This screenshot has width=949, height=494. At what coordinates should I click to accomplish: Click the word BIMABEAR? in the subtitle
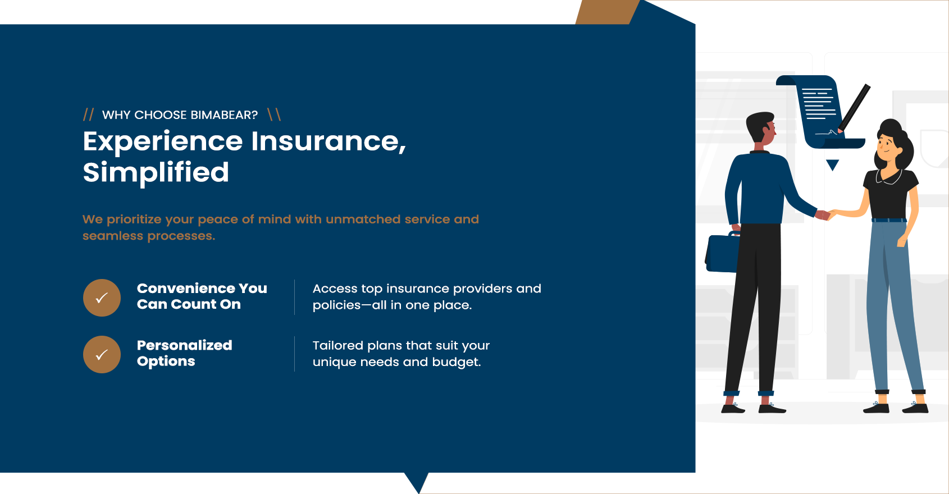pos(224,115)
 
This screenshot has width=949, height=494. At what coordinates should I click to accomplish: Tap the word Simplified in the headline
pos(156,172)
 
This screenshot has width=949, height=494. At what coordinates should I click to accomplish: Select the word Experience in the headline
pos(163,142)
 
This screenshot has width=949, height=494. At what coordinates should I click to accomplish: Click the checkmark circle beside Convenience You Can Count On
pos(102,298)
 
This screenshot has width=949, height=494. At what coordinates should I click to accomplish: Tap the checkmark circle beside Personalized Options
pos(102,354)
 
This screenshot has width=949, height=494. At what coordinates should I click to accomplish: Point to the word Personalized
pos(184,345)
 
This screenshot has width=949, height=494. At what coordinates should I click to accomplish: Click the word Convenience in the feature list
pos(185,288)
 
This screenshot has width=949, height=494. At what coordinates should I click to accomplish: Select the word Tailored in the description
pos(337,345)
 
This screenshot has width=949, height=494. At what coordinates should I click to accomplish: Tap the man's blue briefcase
pos(722,253)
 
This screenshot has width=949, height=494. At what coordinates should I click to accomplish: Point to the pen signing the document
pos(853,108)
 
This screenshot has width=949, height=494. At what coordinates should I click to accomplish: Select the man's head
pos(761,127)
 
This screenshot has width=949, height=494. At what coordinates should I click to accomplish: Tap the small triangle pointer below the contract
pos(833,164)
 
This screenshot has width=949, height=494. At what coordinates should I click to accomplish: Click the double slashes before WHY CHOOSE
pos(89,115)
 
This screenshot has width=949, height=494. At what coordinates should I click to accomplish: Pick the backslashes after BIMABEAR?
pos(274,115)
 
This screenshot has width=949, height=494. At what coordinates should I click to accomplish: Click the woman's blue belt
pos(889,220)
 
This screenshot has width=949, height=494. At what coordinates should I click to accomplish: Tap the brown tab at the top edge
pos(608,12)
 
